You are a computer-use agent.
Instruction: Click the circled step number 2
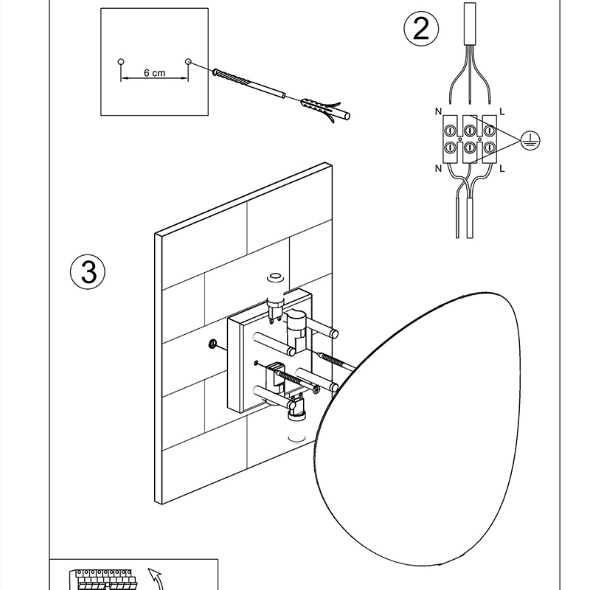point(421,29)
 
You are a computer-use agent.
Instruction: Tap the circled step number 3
point(88,271)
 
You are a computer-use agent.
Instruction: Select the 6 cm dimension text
point(154,72)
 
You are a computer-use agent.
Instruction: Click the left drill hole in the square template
point(121,61)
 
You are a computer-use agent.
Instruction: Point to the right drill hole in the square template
point(189,61)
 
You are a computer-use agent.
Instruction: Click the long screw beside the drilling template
point(249,83)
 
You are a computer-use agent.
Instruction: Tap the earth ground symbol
point(530,141)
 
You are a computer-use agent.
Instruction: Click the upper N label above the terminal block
point(438,111)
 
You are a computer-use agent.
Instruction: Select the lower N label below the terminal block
point(438,169)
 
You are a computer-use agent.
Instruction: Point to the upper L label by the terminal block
point(502,111)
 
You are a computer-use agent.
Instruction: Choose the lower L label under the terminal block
point(502,169)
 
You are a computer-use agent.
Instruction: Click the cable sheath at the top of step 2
point(470,24)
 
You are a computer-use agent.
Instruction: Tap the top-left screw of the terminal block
point(450,131)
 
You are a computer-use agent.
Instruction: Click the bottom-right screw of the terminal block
point(489,147)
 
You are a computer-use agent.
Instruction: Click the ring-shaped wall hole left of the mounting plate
point(212,343)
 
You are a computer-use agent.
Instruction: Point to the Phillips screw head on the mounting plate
point(317,389)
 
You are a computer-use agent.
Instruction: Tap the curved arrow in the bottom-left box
point(156,580)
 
